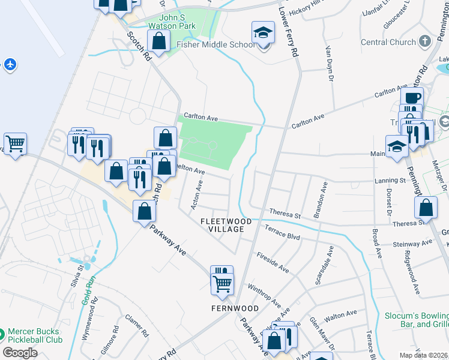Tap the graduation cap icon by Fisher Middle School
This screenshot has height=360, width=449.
[262, 32]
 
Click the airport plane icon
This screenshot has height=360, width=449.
[10, 64]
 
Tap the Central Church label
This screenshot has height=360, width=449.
[388, 42]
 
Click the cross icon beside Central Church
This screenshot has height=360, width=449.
[425, 41]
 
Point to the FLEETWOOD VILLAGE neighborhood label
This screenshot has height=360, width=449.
[226, 225]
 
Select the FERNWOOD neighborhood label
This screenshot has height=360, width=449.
[235, 308]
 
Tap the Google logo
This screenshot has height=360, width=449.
[20, 353]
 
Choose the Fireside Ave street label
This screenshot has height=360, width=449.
[273, 263]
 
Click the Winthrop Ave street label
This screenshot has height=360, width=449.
[264, 293]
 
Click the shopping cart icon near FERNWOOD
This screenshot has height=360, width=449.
[222, 283]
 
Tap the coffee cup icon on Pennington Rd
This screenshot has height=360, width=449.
[412, 98]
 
